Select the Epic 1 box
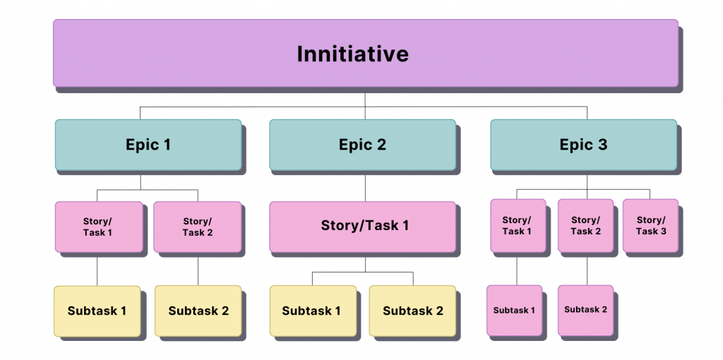pos(148,145)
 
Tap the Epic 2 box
pos(362,145)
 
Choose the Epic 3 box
pos(583,145)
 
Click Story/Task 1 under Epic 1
pos(97,227)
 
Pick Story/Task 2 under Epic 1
pos(197,227)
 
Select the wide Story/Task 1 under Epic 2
pos(362,227)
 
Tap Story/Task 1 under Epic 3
pos(518,226)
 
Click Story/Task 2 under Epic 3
pos(585,226)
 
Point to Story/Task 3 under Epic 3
pos(650,226)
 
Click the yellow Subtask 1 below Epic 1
pos(97,311)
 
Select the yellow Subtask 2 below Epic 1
pos(198,311)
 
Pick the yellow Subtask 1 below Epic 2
pos(312,311)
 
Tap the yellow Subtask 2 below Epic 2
pos(412,311)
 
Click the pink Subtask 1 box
pos(514,310)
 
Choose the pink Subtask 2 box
pos(585,310)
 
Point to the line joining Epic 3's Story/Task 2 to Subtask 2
pos(587,269)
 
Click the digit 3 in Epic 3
pos(602,145)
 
